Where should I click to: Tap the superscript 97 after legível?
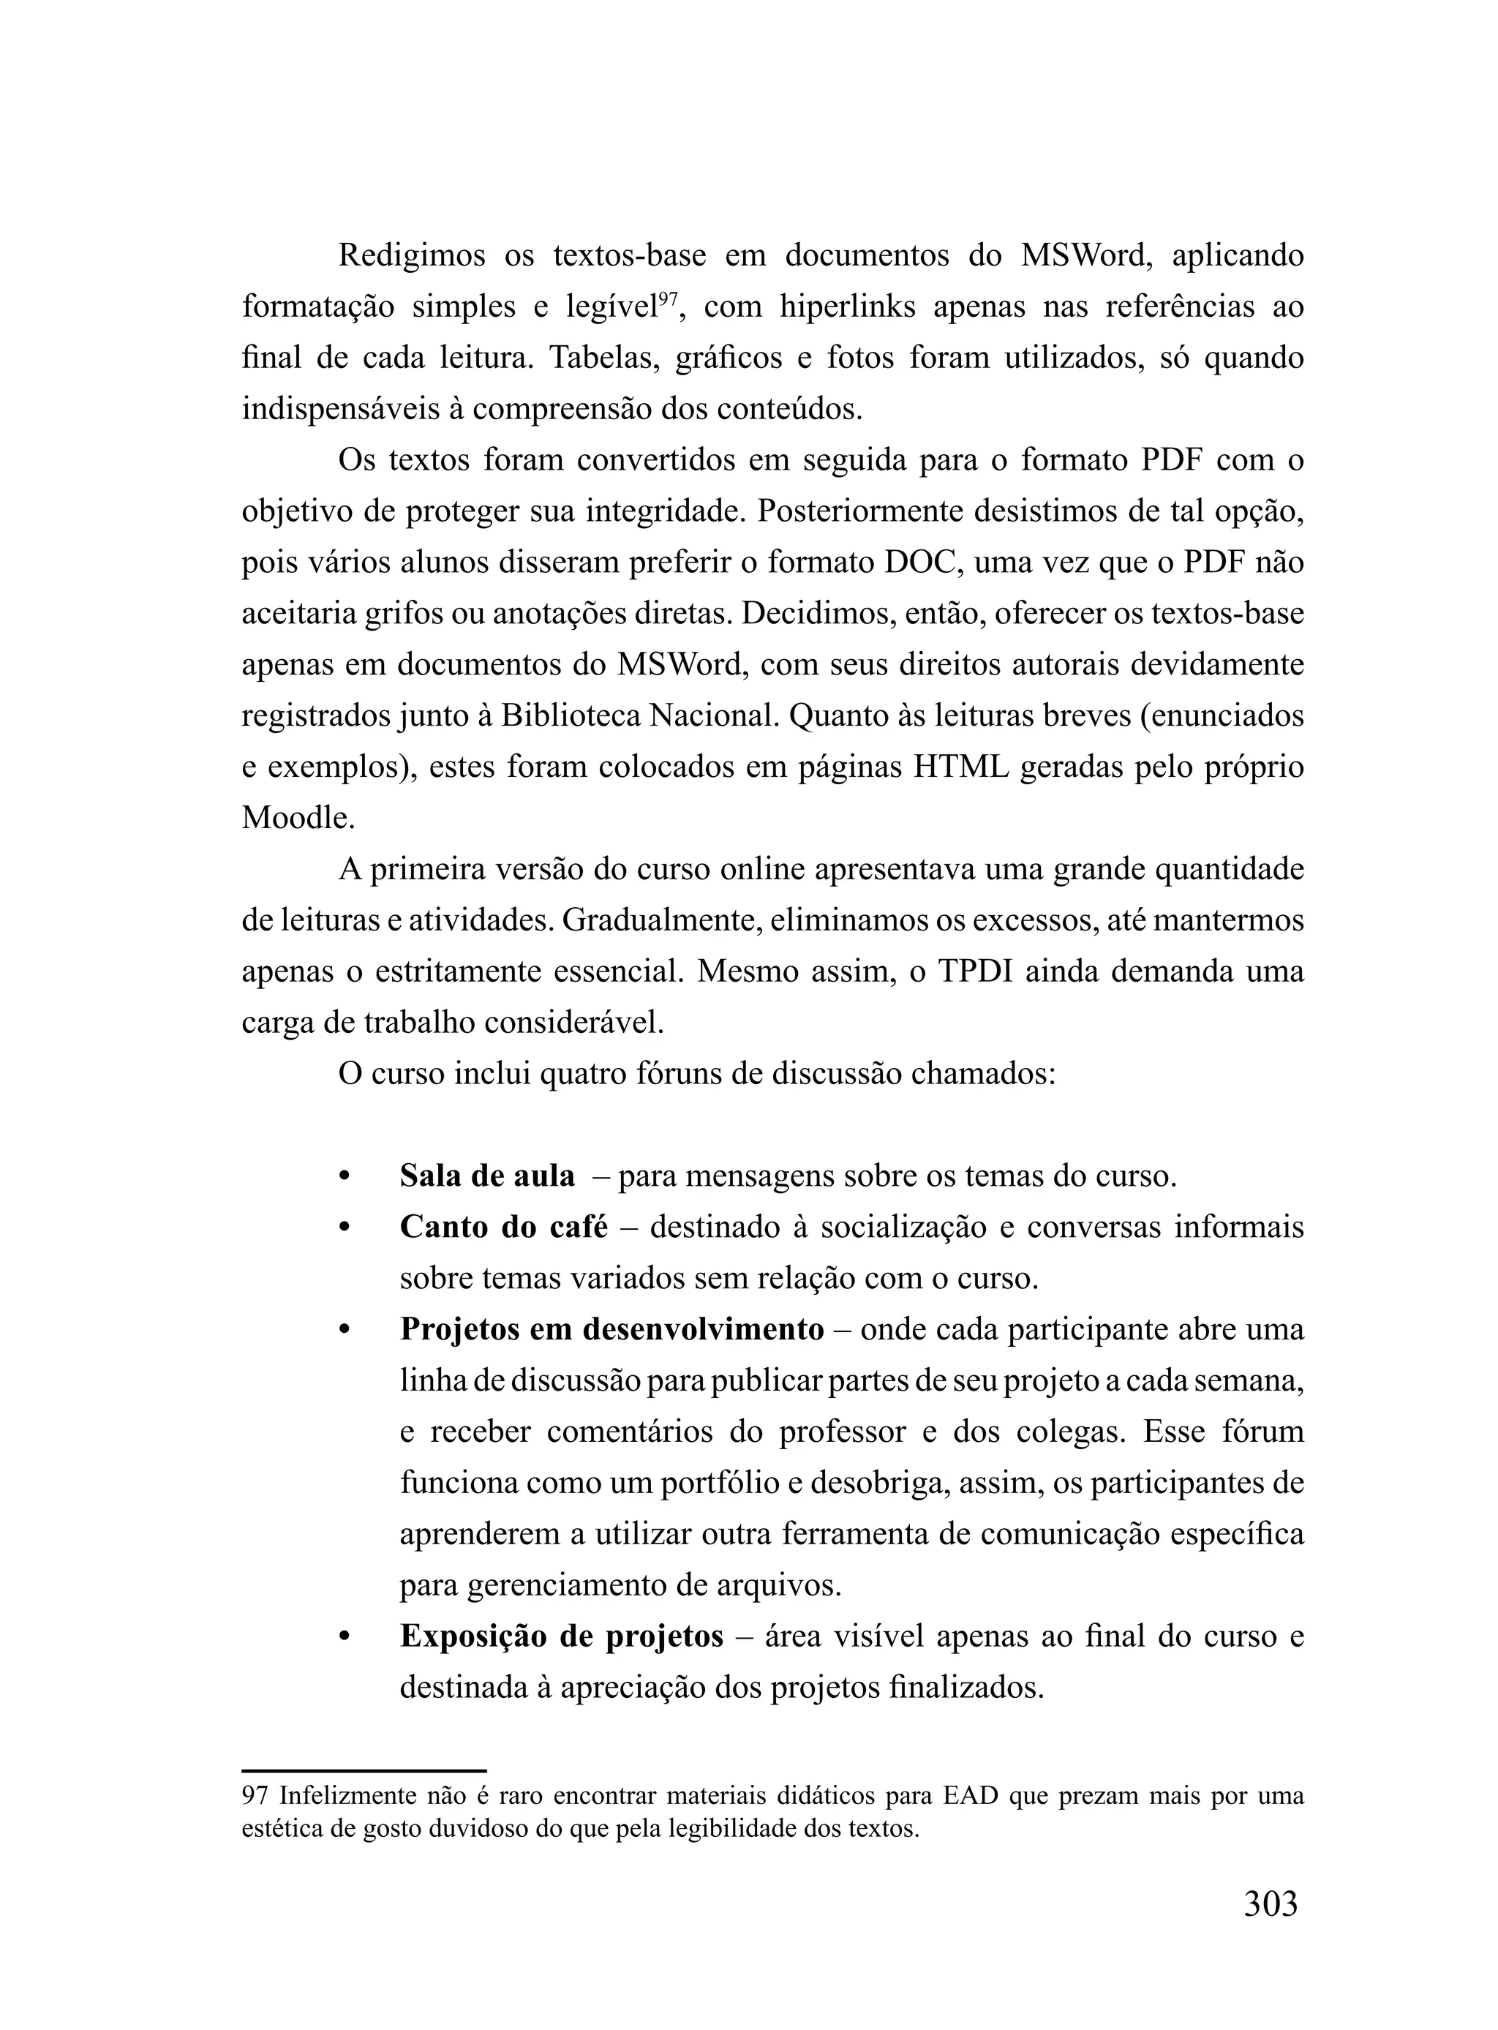667,298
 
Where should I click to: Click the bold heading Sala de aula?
487,1176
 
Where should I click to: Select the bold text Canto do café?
503,1227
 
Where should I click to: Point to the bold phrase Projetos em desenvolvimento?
611,1329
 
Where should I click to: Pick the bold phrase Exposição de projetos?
561,1636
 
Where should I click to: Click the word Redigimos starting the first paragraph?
412,256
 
